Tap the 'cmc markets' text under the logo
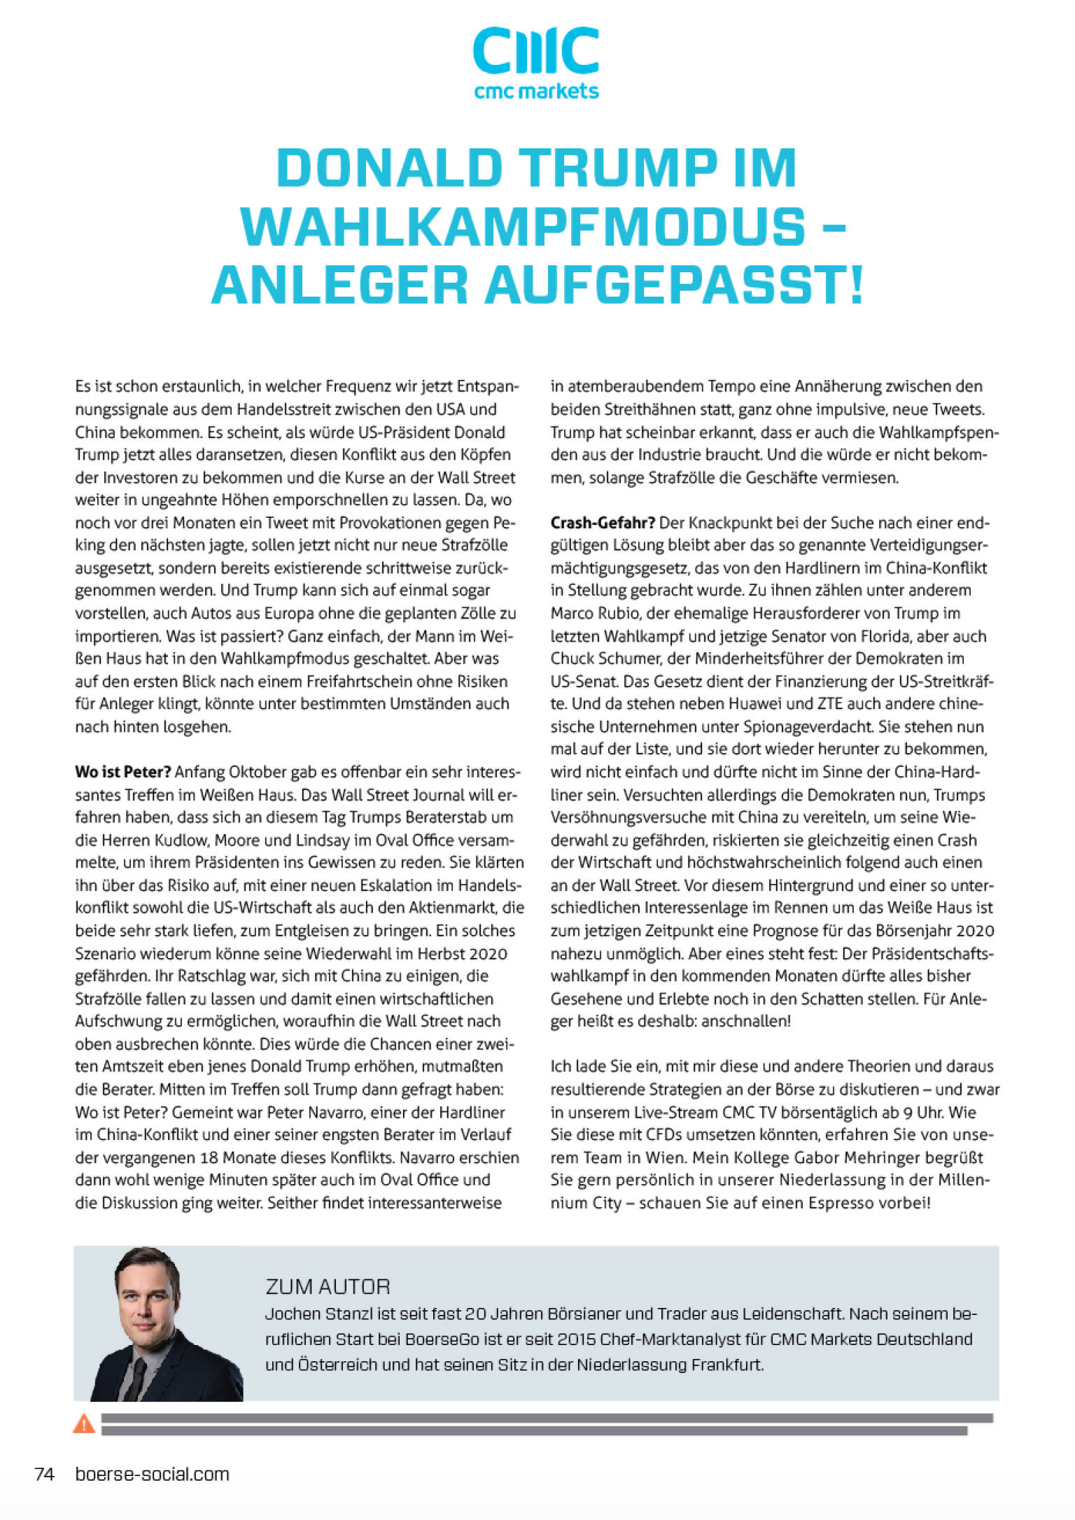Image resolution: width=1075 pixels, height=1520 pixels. [536, 91]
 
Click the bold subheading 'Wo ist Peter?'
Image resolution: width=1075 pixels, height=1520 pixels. [122, 772]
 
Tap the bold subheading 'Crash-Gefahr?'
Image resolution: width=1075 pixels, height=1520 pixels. [603, 523]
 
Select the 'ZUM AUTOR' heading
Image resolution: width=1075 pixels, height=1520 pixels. [328, 1286]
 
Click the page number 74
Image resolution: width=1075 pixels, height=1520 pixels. [44, 1474]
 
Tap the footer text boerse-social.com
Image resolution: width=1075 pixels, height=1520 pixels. [152, 1474]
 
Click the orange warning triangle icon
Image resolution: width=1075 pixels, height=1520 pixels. [84, 1423]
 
